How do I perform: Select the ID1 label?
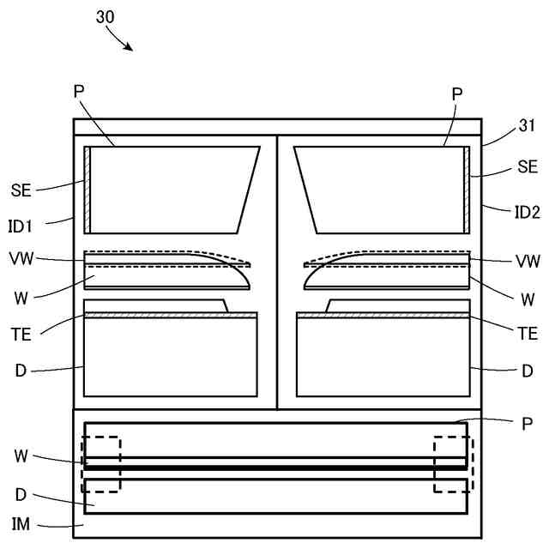click(x=21, y=226)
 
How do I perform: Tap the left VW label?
click(x=21, y=257)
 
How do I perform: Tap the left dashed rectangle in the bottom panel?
click(x=101, y=464)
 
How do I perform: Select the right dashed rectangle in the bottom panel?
click(x=453, y=464)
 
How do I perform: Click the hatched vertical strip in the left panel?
click(x=87, y=190)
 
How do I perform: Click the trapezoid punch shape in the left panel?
click(x=172, y=190)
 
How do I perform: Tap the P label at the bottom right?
click(x=526, y=424)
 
